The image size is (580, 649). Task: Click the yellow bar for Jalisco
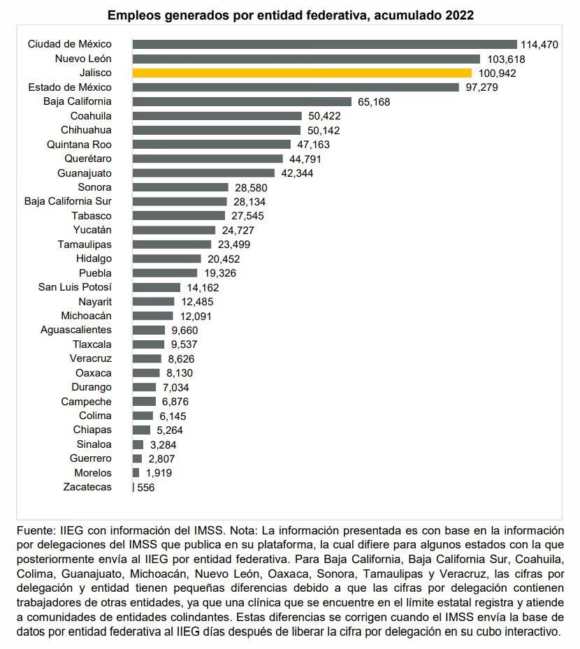[302, 73]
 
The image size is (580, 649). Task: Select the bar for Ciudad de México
[324, 44]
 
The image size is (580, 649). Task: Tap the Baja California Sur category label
[68, 201]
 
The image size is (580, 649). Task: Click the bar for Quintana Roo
[211, 145]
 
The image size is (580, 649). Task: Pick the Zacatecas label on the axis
[87, 487]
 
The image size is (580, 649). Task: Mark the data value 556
[145, 488]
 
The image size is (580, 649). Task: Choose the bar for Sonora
[180, 187]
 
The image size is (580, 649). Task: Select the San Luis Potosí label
[75, 287]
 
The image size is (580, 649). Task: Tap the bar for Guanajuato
[203, 173]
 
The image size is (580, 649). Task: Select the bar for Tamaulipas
[171, 245]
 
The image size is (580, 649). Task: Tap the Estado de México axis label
[70, 87]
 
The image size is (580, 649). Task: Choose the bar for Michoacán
[152, 316]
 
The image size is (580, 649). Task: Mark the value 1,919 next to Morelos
[157, 473]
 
